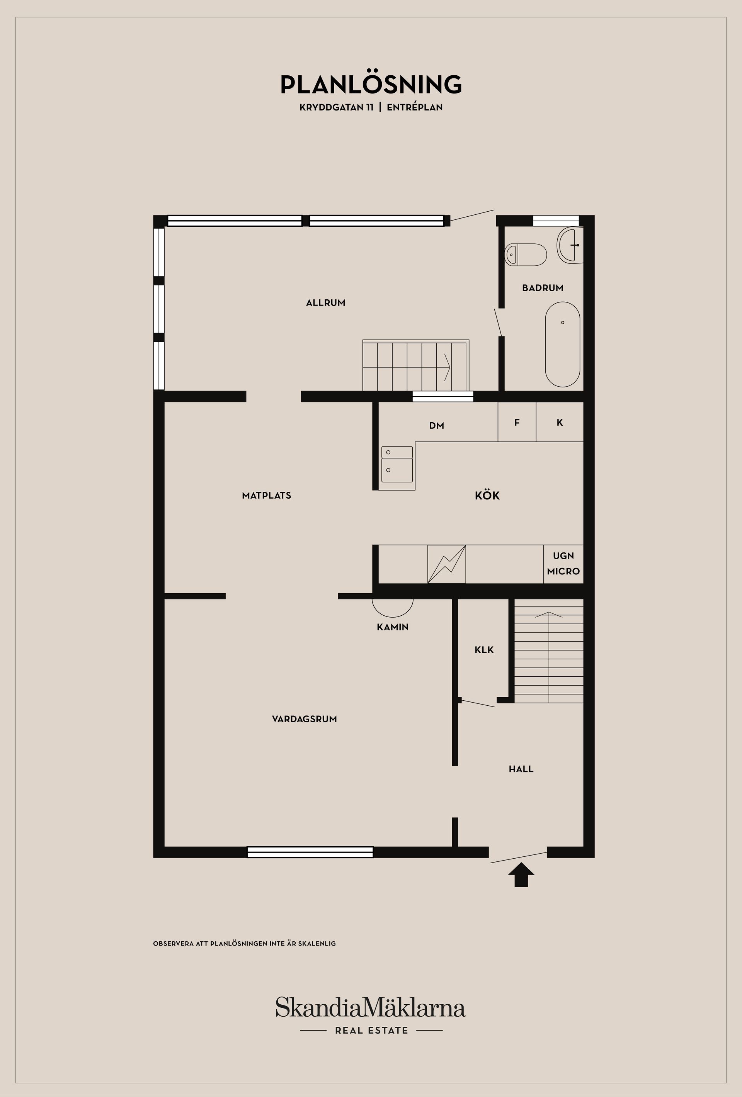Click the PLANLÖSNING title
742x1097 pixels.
pyautogui.click(x=371, y=85)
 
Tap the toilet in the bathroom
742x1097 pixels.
pyautogui.click(x=525, y=255)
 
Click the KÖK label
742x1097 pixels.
pyautogui.click(x=487, y=496)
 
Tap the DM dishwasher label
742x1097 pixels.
pyautogui.click(x=436, y=426)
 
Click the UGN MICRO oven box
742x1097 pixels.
pyautogui.click(x=563, y=564)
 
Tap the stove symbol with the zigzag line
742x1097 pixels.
pyautogui.click(x=446, y=564)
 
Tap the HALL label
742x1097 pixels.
pyautogui.click(x=521, y=769)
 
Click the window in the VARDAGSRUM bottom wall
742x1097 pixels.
pyautogui.click(x=310, y=852)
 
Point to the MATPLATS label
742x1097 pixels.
pyautogui.click(x=266, y=496)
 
